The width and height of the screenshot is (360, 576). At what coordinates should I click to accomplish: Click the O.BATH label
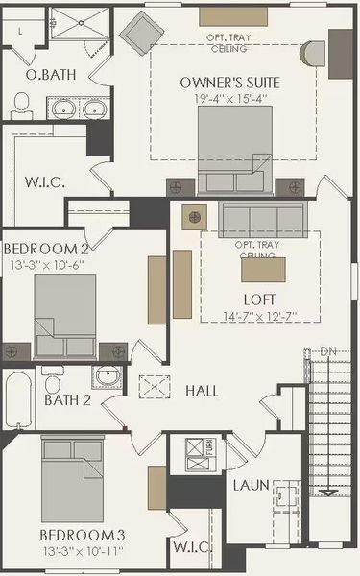[44, 75]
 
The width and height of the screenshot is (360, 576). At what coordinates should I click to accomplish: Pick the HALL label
[203, 392]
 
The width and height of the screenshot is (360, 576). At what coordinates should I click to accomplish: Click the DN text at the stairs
[328, 351]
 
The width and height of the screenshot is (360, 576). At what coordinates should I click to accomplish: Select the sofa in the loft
[260, 219]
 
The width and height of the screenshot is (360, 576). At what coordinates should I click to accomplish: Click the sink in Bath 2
[106, 374]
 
